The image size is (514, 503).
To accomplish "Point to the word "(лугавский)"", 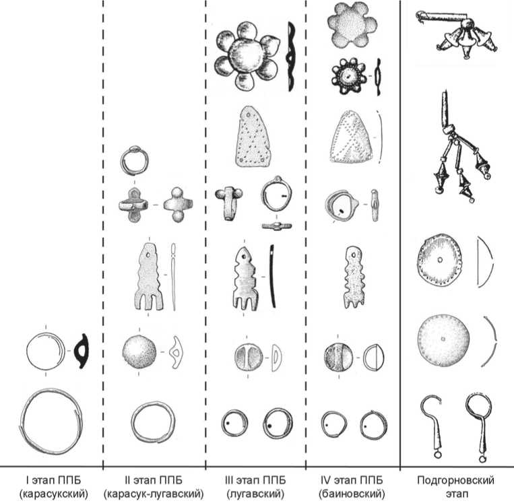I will click(255, 494).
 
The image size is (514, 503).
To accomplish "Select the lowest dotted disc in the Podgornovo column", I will click(443, 337).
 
